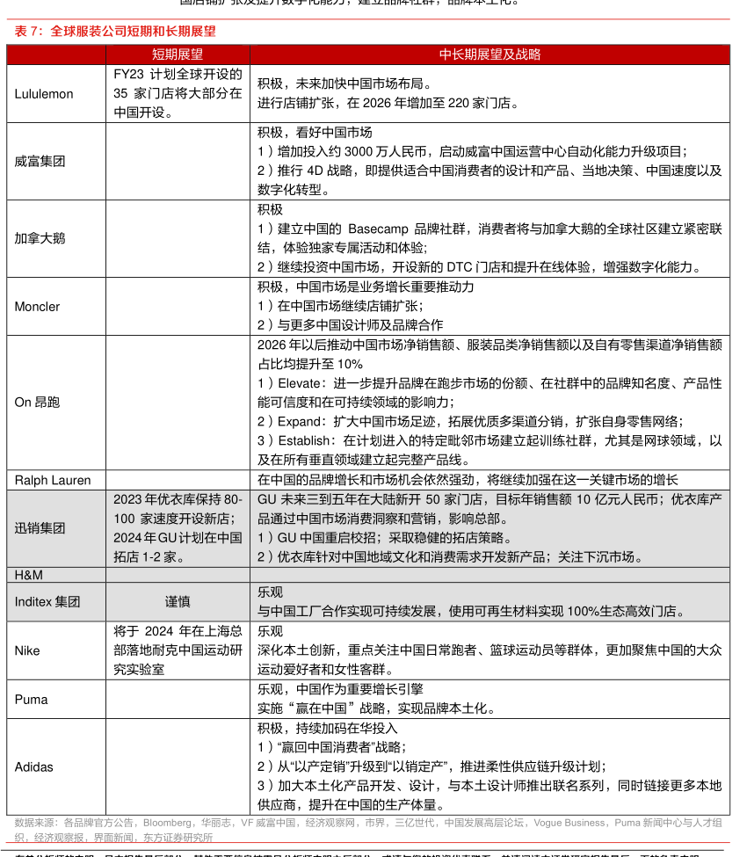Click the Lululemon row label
tap(44, 94)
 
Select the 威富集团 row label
tap(40, 162)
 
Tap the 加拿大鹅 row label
tap(40, 238)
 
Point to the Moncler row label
tap(37, 307)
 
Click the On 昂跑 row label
tap(38, 403)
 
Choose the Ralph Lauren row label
tap(52, 480)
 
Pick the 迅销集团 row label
tap(40, 528)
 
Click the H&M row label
tap(28, 575)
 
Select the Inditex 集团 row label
tap(47, 602)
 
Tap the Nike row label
tap(27, 651)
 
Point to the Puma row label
tap(31, 700)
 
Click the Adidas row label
tap(33, 767)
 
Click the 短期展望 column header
tap(177, 54)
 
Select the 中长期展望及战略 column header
tap(490, 54)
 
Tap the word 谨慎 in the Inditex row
tap(178, 602)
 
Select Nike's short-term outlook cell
tap(178, 651)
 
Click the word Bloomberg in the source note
tap(166, 823)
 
